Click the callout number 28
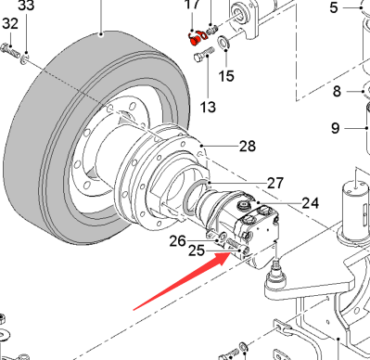point(248,146)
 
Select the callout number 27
point(275,183)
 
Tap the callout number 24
point(311,203)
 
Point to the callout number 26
point(178,241)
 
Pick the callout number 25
point(197,251)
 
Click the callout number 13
point(208,107)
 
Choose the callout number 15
point(226,76)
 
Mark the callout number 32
point(10,23)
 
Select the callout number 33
point(26,6)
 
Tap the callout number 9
point(336,128)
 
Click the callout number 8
point(337,91)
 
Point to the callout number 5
point(334,7)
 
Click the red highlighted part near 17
point(194,40)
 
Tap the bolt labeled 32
point(10,51)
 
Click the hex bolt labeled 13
point(204,54)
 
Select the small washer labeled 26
point(222,238)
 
